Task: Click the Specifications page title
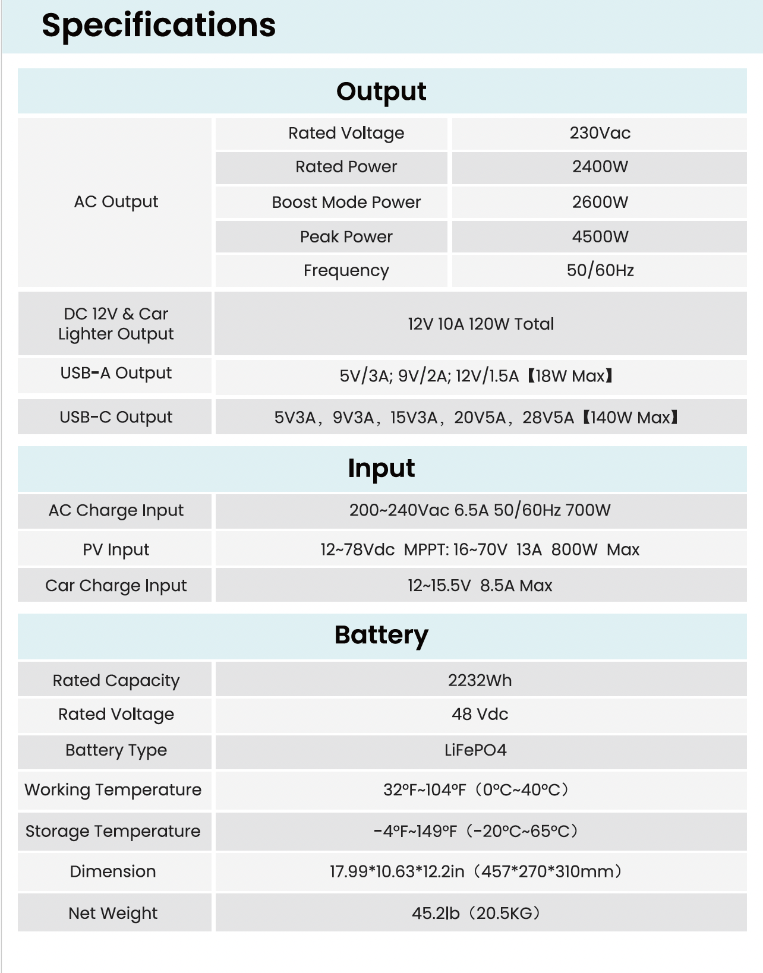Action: click(159, 26)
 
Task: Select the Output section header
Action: click(381, 91)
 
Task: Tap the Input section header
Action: click(381, 468)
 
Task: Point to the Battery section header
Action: click(381, 635)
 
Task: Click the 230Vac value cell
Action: click(600, 133)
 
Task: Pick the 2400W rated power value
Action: click(600, 167)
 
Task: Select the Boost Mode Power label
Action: click(346, 203)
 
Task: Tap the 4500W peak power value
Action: click(600, 237)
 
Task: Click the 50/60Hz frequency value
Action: click(600, 271)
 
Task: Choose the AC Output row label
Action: click(116, 202)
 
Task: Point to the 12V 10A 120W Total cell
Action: click(480, 324)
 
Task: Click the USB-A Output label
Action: click(116, 373)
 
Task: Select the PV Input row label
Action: click(116, 549)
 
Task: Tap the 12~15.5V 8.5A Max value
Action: click(480, 586)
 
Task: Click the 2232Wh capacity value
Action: click(480, 680)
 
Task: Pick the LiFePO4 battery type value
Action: click(475, 750)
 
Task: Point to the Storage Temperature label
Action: click(113, 831)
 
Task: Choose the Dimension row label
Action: click(113, 871)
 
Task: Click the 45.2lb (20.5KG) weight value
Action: click(475, 913)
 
